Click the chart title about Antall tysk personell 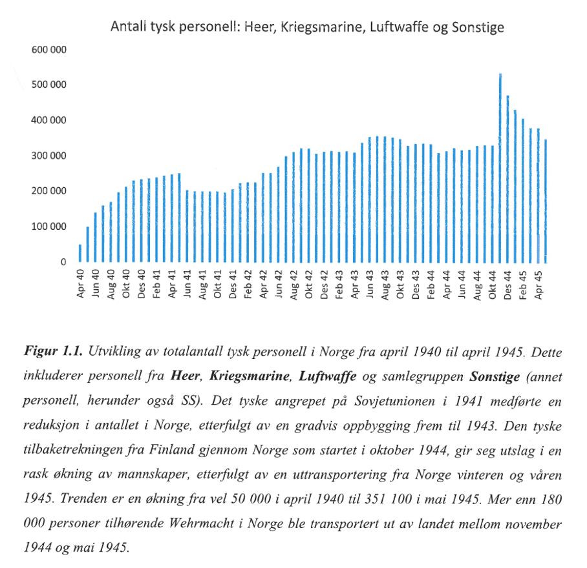coord(307,27)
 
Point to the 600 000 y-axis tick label coord(49,50)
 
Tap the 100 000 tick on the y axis coord(49,227)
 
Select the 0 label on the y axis coord(63,262)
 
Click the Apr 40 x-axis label coord(81,284)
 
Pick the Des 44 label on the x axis coord(508,284)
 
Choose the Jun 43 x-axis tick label coord(370,284)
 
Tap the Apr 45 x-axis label coord(539,284)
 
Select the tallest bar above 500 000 coord(500,168)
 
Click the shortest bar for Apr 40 coord(80,253)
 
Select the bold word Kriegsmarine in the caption coord(250,375)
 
